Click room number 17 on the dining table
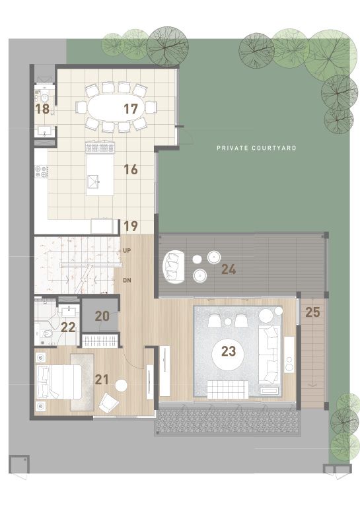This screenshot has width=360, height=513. coord(131,109)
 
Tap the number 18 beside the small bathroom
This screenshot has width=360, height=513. coord(42,109)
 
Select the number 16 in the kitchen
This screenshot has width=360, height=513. coord(131,170)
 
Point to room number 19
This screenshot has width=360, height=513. coord(131,226)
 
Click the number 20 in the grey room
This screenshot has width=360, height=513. coord(102,316)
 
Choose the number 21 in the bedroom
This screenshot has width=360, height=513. coord(102,380)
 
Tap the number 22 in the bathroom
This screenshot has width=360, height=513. coord(69,327)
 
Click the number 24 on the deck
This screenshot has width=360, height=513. coord(229,269)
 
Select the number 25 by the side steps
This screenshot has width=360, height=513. coord(312,312)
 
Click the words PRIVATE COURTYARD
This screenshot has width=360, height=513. coord(256,148)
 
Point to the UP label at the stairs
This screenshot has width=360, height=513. coord(127,251)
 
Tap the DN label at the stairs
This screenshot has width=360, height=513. coord(127,281)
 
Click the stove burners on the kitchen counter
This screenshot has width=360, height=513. coord(41,172)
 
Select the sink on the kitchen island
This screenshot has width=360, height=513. coord(93,181)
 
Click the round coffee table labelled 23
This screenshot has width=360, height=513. coord(229,355)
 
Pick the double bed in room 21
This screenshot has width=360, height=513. coord(59,382)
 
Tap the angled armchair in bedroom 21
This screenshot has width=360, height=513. coord(109,403)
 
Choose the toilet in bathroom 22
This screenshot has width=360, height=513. coord(47,333)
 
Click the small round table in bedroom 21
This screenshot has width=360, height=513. coord(121,386)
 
